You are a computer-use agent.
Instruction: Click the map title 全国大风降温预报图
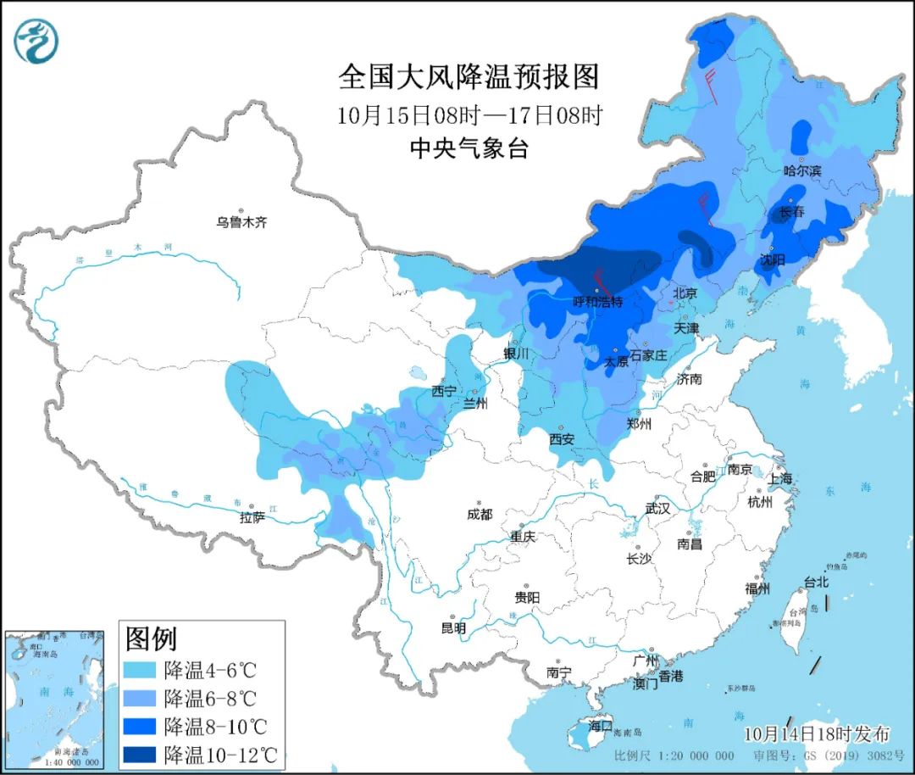point(469,77)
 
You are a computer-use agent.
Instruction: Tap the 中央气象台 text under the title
point(469,148)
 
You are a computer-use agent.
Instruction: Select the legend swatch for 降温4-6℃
point(142,671)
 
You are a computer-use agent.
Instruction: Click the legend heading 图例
point(151,637)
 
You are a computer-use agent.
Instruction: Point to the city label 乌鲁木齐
point(241,223)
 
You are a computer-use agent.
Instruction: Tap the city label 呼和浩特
point(598,302)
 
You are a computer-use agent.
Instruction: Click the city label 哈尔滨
point(802,170)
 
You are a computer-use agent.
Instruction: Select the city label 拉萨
point(252,516)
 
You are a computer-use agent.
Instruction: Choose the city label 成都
point(479,515)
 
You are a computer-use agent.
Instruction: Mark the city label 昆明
point(453,628)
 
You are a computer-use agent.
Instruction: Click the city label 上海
point(780,478)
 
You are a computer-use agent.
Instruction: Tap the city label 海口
point(600,726)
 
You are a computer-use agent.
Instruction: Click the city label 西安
point(562,439)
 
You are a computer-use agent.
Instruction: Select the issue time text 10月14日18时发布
point(818,733)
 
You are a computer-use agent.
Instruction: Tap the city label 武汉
point(657,509)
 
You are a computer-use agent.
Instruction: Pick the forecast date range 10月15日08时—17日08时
point(469,115)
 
